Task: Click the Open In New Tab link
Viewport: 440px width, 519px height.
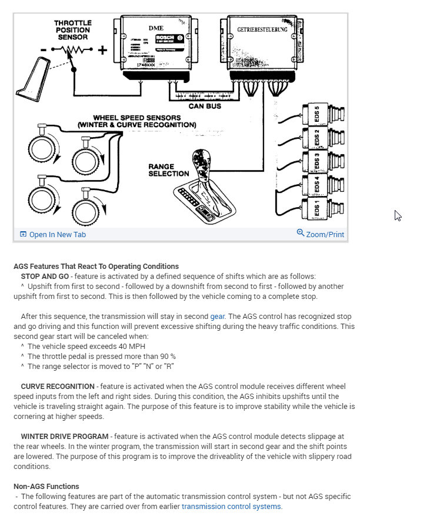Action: point(57,234)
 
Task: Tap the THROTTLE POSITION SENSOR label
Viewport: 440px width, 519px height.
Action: point(73,30)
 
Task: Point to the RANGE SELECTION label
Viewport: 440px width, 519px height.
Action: point(169,170)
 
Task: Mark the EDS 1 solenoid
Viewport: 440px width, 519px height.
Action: point(318,209)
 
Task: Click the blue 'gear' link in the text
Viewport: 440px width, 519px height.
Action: point(218,317)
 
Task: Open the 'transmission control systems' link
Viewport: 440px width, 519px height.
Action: point(232,506)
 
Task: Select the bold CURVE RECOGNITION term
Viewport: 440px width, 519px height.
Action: point(58,387)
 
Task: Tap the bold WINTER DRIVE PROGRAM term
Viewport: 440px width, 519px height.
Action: point(65,436)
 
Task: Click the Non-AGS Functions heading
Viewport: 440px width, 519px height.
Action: point(46,486)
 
